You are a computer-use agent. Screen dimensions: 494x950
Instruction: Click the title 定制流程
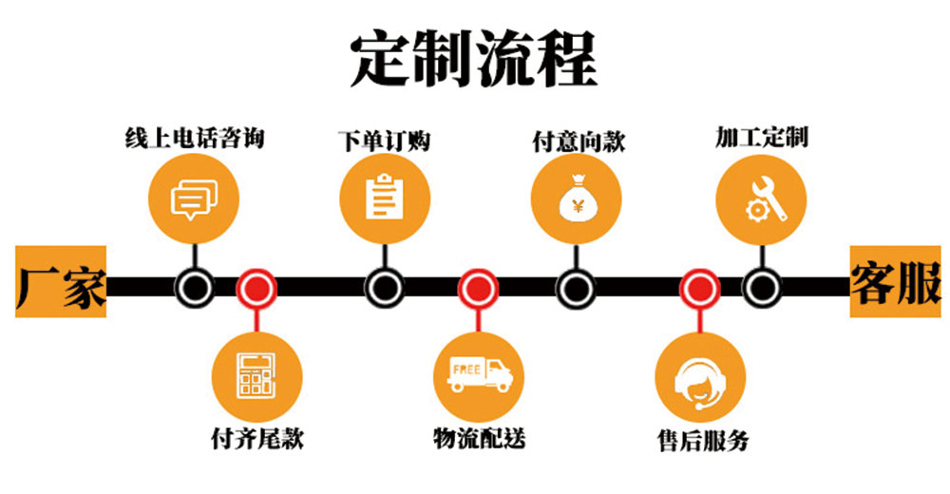click(473, 59)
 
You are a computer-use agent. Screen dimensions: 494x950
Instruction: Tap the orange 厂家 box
click(60, 283)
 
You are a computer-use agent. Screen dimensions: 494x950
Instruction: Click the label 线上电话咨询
click(194, 139)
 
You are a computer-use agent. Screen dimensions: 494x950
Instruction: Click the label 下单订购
click(384, 142)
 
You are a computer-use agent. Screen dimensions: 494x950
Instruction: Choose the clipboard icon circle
click(384, 197)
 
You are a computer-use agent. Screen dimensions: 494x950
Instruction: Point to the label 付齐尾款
click(257, 439)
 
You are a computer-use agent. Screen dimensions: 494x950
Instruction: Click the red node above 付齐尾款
click(256, 287)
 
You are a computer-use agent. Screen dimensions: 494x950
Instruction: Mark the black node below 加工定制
click(762, 287)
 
